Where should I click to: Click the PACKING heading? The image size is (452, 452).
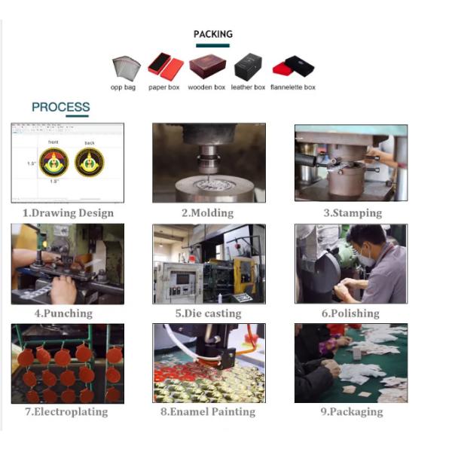click(x=213, y=34)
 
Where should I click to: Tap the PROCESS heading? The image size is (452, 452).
click(x=61, y=107)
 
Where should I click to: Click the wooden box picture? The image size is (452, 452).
click(x=208, y=66)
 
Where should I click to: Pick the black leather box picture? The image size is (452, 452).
click(x=248, y=66)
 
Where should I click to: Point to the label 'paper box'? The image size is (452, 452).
click(x=163, y=87)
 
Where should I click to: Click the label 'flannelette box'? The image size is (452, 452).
click(x=293, y=87)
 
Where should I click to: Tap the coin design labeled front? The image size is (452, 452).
click(x=54, y=162)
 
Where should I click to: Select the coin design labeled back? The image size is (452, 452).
click(x=90, y=162)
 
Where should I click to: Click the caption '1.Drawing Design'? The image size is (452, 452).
click(x=68, y=213)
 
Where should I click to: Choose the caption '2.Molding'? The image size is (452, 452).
click(x=208, y=213)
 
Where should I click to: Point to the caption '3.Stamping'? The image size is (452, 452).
click(x=353, y=213)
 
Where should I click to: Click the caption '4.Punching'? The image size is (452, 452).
click(x=63, y=313)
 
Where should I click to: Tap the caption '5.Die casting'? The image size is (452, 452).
click(x=209, y=313)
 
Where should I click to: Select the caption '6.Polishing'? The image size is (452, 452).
click(x=350, y=313)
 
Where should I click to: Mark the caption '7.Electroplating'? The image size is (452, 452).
click(x=66, y=411)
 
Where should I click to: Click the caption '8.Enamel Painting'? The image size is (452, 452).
click(x=208, y=411)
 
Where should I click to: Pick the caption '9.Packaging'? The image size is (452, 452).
click(x=352, y=411)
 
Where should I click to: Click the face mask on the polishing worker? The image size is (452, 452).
click(x=366, y=258)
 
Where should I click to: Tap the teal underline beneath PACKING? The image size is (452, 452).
click(x=212, y=45)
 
